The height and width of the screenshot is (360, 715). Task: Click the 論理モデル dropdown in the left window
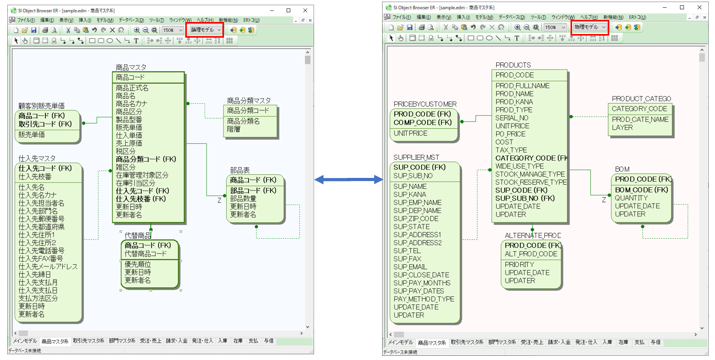pyautogui.click(x=206, y=30)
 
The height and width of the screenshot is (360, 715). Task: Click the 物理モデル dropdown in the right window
pyautogui.click(x=589, y=27)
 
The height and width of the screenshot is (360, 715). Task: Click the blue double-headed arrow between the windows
pyautogui.click(x=349, y=179)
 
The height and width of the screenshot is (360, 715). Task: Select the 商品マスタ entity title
pyautogui.click(x=131, y=67)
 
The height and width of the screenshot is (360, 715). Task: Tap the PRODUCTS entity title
pyautogui.click(x=513, y=65)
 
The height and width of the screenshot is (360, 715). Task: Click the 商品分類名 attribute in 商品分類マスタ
pyautogui.click(x=243, y=121)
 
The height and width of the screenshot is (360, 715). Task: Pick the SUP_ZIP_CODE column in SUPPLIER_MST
pyautogui.click(x=416, y=219)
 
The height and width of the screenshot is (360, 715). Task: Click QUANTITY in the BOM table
pyautogui.click(x=631, y=198)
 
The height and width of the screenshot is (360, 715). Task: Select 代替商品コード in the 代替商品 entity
pyautogui.click(x=145, y=254)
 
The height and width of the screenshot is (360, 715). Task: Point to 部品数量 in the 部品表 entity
pyautogui.click(x=243, y=198)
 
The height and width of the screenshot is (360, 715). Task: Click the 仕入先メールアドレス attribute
pyautogui.click(x=48, y=266)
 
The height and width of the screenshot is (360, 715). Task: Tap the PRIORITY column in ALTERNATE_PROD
pyautogui.click(x=519, y=264)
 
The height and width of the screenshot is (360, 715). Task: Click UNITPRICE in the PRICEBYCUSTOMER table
pyautogui.click(x=410, y=133)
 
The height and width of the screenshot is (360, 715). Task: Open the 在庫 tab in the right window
pyautogui.click(x=622, y=342)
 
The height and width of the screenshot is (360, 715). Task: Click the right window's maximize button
pyautogui.click(x=682, y=7)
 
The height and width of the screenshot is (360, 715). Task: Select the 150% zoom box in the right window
pyautogui.click(x=554, y=27)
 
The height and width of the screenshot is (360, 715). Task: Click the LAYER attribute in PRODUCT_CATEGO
pyautogui.click(x=622, y=127)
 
